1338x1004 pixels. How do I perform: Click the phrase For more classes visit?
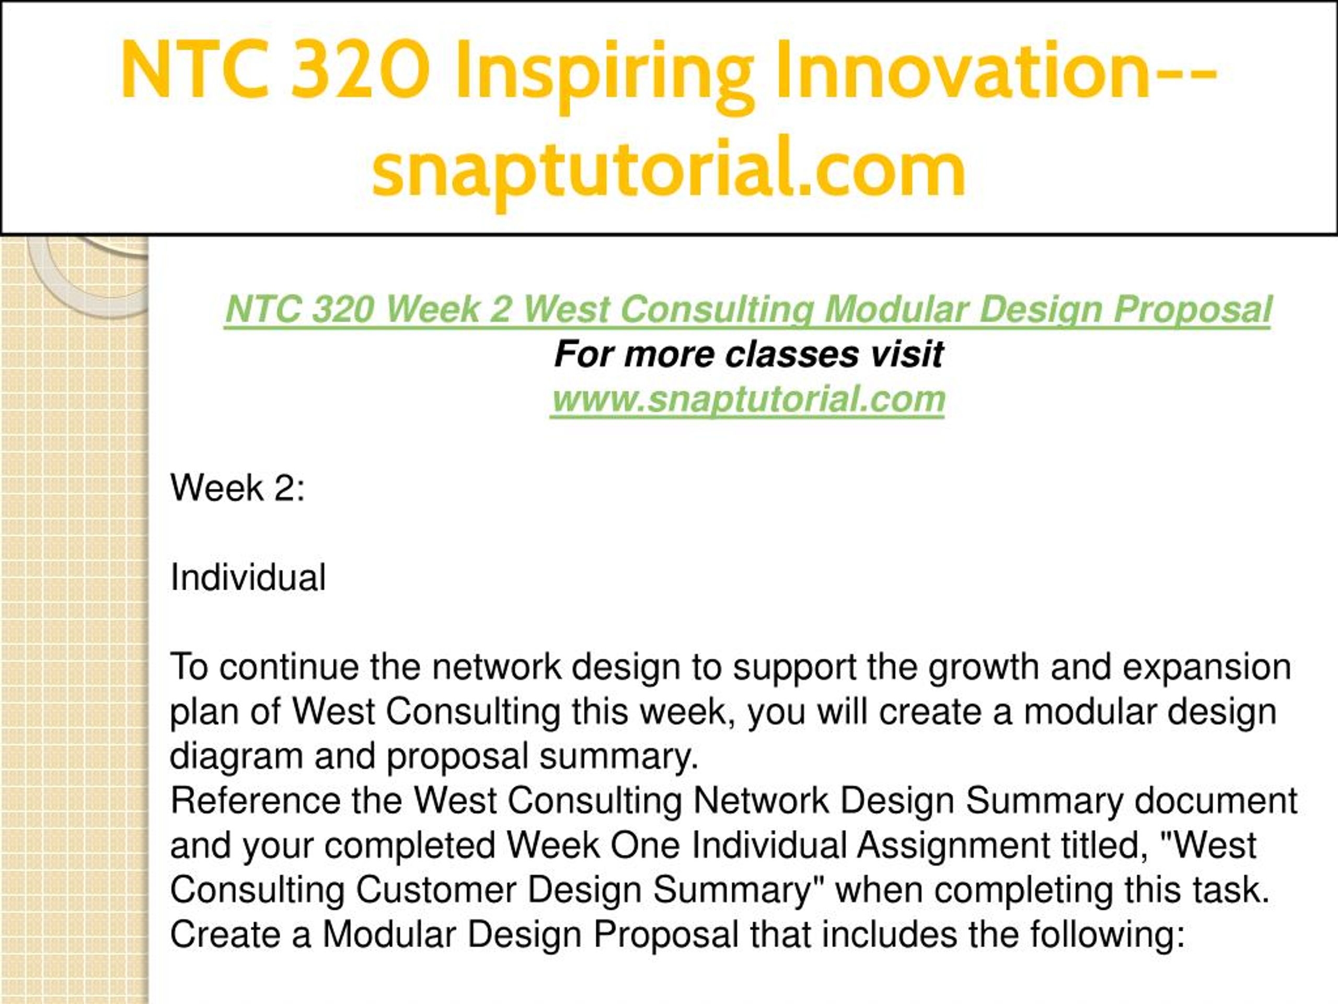[749, 354]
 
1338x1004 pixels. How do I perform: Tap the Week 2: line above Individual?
[237, 488]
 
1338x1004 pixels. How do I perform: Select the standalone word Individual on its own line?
[248, 577]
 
